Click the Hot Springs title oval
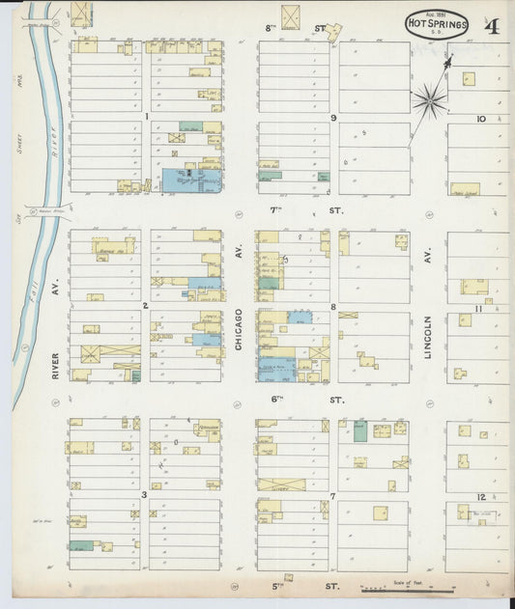pos(437,24)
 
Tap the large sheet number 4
pos(492,25)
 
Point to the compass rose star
pos(429,98)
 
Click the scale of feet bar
pos(395,588)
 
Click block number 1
pos(146,117)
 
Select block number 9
pos(332,118)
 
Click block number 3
pos(144,495)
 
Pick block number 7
pos(332,496)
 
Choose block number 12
pos(480,496)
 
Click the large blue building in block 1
pos(188,180)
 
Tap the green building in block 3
pos(81,546)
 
